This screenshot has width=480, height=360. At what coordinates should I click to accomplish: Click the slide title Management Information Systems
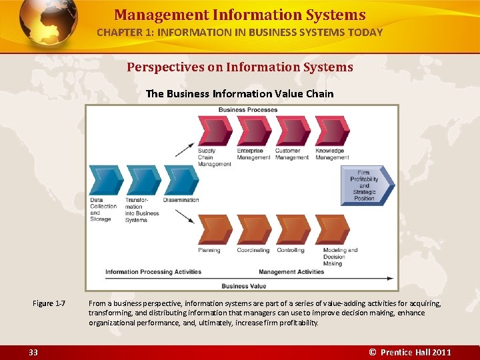coord(239,15)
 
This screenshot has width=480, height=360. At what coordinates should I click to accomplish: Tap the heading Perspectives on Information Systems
coord(240,67)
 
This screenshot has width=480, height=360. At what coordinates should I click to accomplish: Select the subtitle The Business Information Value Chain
coord(239,93)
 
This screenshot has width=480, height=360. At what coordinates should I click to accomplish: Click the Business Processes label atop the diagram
coord(248,110)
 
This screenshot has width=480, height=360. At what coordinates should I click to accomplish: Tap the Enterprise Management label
coord(253,154)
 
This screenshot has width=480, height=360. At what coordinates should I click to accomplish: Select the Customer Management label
coord(292,154)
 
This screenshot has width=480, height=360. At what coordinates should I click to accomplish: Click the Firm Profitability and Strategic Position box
coord(367,186)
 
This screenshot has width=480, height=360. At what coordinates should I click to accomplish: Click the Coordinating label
coord(253,251)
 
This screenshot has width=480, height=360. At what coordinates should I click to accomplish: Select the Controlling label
coord(291,251)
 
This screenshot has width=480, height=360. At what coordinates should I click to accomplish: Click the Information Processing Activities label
coord(153,272)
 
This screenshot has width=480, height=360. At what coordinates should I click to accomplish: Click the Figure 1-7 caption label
coord(49,304)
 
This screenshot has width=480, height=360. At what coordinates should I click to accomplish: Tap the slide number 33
coord(33,352)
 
